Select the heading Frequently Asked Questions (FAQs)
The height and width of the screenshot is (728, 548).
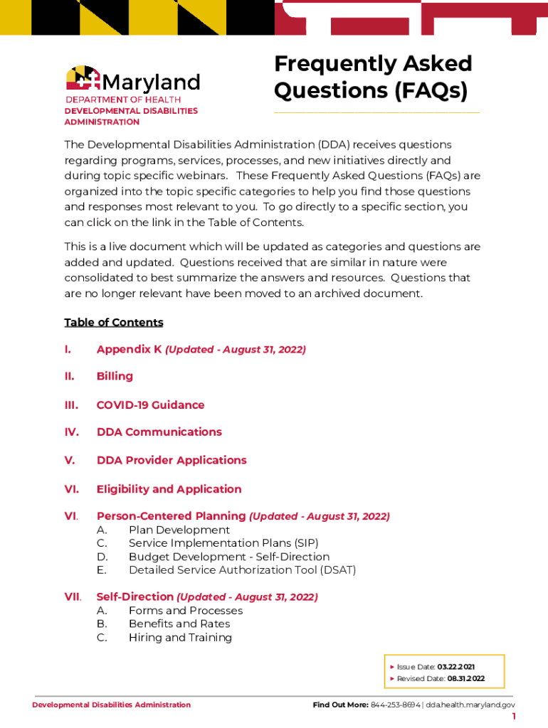click(x=373, y=77)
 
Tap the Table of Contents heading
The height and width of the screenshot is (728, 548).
click(x=114, y=322)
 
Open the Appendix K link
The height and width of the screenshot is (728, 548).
click(x=129, y=349)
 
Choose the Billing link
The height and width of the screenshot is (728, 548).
click(x=115, y=376)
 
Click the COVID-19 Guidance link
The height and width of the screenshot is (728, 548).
click(x=150, y=405)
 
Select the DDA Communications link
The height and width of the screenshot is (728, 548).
click(x=159, y=432)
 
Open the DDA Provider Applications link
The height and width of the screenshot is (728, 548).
click(x=172, y=460)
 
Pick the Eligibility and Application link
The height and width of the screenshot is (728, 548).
click(x=169, y=489)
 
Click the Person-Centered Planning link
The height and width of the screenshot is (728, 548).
click(x=171, y=516)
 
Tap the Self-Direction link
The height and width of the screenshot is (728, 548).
click(x=135, y=596)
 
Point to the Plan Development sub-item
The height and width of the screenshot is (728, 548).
click(x=179, y=530)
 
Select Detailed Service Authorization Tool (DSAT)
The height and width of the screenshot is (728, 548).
click(x=242, y=569)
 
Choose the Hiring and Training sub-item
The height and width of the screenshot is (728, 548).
click(x=180, y=637)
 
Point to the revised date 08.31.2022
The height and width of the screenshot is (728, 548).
click(x=465, y=679)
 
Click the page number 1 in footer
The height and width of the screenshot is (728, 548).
click(x=514, y=717)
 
